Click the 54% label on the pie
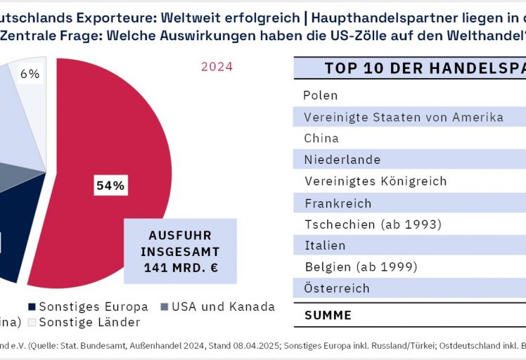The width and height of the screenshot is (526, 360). click(110, 186)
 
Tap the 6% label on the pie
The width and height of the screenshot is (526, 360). click(30, 74)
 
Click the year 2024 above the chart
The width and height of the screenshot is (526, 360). click(217, 67)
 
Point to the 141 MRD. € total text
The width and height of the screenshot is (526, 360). click(180, 267)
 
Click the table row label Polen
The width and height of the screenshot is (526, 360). click(321, 95)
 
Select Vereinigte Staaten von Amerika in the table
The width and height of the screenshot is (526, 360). click(404, 117)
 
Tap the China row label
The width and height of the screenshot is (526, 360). click(321, 138)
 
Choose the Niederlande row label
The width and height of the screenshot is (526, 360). click(342, 160)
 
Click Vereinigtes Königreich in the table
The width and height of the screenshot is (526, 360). click(376, 181)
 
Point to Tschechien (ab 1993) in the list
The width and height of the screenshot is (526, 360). click(373, 224)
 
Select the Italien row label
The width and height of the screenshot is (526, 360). click(325, 245)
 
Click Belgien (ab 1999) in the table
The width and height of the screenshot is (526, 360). click(361, 267)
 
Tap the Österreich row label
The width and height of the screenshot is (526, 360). click(337, 288)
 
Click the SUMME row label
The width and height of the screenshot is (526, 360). click(328, 315)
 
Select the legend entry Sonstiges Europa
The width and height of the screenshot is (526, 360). click(93, 307)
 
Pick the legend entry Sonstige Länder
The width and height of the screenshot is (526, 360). click(89, 322)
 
